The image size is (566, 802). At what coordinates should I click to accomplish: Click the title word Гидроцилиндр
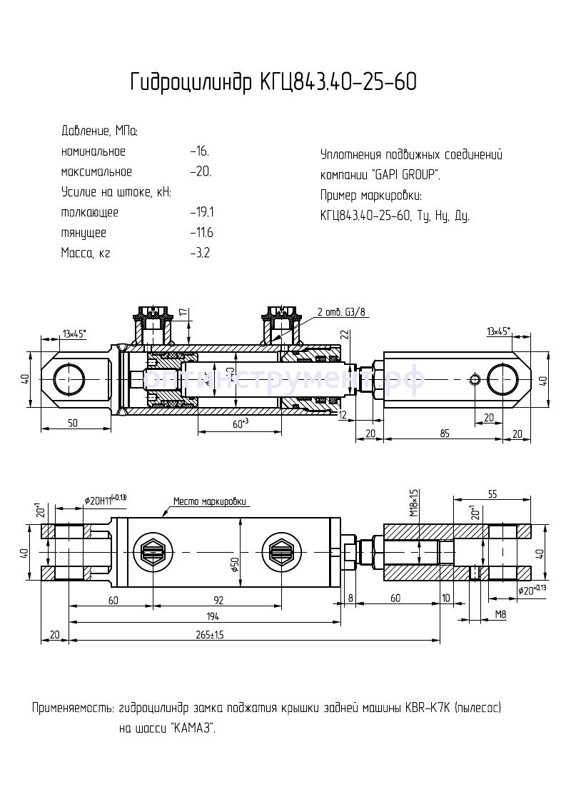pyautogui.click(x=187, y=83)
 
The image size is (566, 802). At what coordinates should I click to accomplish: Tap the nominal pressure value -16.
pyautogui.click(x=200, y=151)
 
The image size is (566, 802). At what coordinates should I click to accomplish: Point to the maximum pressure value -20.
pyautogui.click(x=201, y=171)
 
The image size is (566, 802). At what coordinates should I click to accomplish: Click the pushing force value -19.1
pyautogui.click(x=202, y=212)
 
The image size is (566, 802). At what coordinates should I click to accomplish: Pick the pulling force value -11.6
pyautogui.click(x=202, y=233)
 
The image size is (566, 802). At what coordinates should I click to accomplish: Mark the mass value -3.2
pyautogui.click(x=200, y=253)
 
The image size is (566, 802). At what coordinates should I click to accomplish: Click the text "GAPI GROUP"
pyautogui.click(x=406, y=175)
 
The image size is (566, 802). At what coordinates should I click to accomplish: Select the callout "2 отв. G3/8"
pyautogui.click(x=344, y=311)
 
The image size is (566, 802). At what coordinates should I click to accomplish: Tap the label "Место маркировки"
pyautogui.click(x=213, y=501)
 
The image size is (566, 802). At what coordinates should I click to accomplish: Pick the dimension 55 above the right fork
pyautogui.click(x=492, y=493)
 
